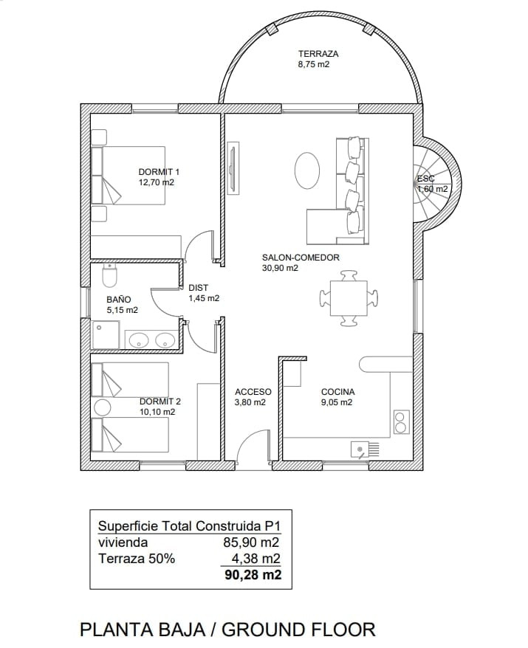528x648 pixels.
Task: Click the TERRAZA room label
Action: pyautogui.click(x=318, y=54)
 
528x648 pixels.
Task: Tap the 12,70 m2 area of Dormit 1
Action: pyautogui.click(x=157, y=182)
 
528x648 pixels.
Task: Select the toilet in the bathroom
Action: pyautogui.click(x=110, y=275)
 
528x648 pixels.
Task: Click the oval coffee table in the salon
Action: pyautogui.click(x=306, y=170)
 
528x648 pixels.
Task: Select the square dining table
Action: pyautogui.click(x=349, y=298)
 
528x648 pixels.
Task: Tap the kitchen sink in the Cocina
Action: pyautogui.click(x=365, y=449)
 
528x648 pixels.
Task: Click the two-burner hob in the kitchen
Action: pyautogui.click(x=401, y=421)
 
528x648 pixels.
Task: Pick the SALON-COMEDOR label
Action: pyautogui.click(x=301, y=258)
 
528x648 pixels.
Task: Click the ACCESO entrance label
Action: pyautogui.click(x=253, y=392)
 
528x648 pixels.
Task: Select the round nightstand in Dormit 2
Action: pyautogui.click(x=102, y=407)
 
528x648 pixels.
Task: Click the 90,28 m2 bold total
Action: pyautogui.click(x=253, y=574)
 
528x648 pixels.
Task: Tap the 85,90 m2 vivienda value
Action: pyautogui.click(x=251, y=542)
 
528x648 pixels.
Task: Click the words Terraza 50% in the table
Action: pyautogui.click(x=137, y=559)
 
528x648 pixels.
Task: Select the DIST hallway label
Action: pyautogui.click(x=198, y=288)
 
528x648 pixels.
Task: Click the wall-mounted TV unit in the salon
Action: pyautogui.click(x=233, y=168)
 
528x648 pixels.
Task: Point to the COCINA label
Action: pyautogui.click(x=337, y=392)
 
